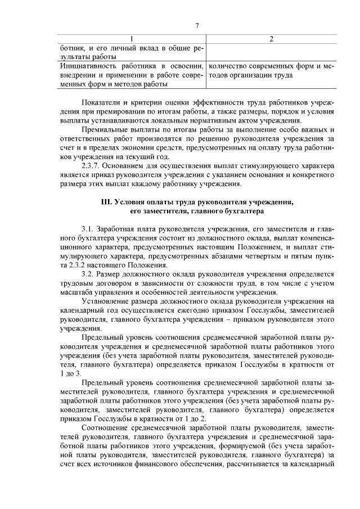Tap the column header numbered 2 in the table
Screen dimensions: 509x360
[x=272, y=39]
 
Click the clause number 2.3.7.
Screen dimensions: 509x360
[x=92, y=166]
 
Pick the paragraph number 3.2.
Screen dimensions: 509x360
[x=88, y=274]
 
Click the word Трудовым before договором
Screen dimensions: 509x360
[x=79, y=283]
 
